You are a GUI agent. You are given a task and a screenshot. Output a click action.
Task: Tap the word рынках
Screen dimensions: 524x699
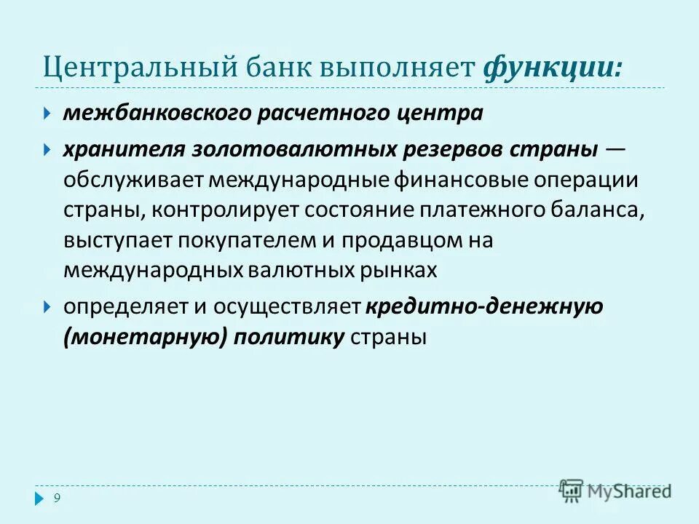coord(402,270)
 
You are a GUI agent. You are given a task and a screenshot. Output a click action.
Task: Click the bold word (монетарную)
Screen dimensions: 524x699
coord(146,337)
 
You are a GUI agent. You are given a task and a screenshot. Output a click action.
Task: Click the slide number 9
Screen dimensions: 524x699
coord(57,498)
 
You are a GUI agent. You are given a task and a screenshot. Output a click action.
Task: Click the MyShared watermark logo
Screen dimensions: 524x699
coord(616,491)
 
